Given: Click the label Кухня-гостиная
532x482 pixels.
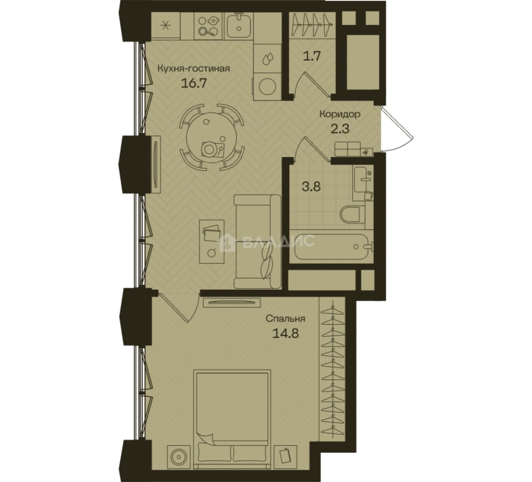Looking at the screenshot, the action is pos(193,68).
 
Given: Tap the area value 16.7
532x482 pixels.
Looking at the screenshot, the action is pos(193,83).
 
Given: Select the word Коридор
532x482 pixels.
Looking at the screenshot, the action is pos(340,114).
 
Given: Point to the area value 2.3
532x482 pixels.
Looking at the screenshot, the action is pos(340,129).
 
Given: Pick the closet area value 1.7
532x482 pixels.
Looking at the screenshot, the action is pos(311,56).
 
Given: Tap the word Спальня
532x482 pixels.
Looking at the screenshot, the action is pos(285,319).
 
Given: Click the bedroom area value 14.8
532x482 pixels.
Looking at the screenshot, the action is pos(285,334).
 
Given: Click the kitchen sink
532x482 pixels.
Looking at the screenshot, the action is pos(239,25).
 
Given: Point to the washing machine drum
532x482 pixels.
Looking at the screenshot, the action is pos(267,87).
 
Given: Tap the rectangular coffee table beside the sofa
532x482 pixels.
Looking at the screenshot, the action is pos(212,241).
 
